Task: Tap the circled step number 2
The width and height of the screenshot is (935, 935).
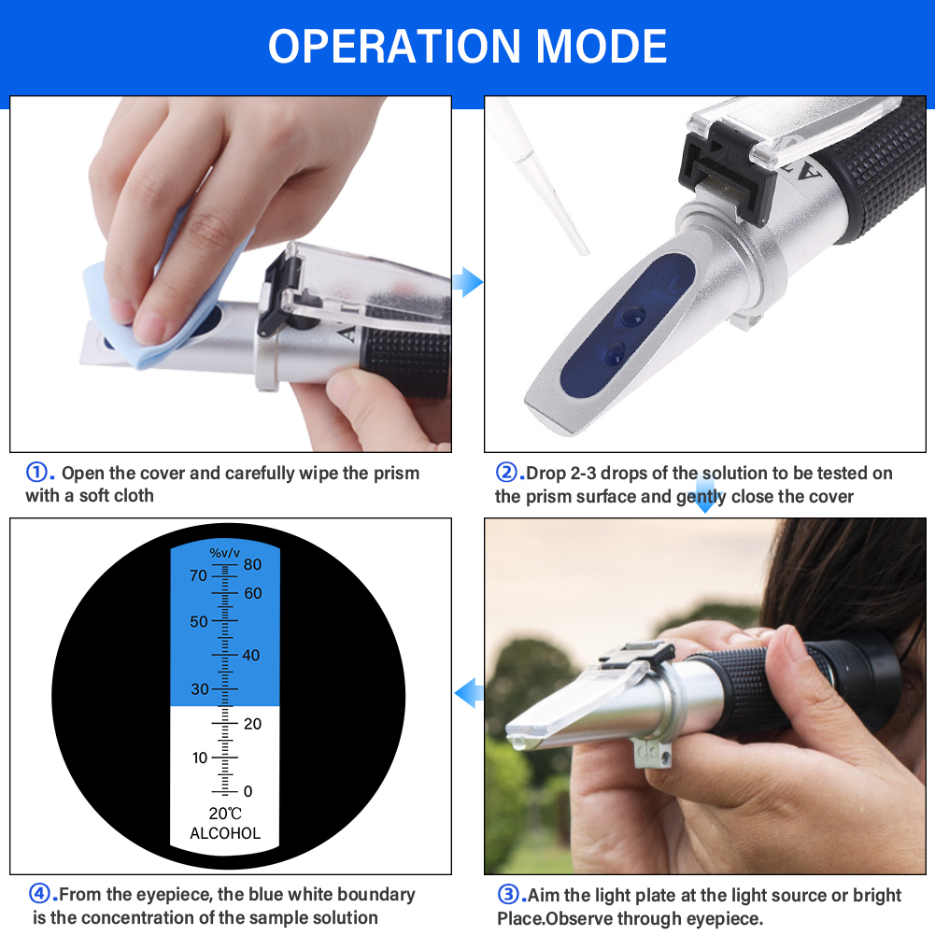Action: (505, 473)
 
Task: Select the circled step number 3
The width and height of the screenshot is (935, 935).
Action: (507, 896)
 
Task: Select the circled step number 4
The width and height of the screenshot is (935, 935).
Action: (40, 895)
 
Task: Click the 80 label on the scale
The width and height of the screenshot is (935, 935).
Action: (253, 564)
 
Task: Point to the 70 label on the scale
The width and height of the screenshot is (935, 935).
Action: (198, 576)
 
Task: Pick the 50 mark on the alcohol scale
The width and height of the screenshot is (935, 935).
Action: (199, 622)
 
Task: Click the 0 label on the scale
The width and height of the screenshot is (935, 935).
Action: (248, 791)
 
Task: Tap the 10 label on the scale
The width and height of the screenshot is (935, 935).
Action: (200, 758)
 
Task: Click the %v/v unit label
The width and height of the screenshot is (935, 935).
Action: (224, 553)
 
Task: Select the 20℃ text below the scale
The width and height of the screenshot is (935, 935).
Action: (225, 814)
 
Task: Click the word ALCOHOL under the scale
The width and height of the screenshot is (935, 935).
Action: (225, 833)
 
